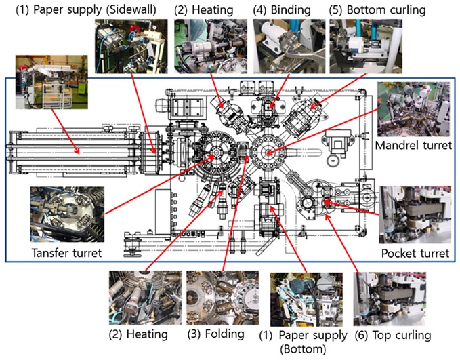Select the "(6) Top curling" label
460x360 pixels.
392,335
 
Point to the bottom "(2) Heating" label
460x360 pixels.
140,334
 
